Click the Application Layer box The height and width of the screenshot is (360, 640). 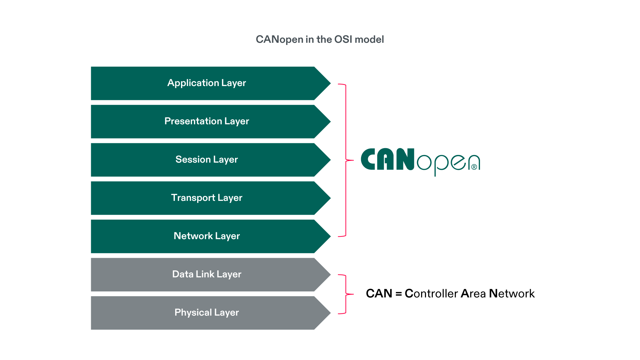pos(207,83)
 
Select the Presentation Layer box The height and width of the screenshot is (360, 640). pos(207,121)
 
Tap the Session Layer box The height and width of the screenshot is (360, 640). pos(207,159)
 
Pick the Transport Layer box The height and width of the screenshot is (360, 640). pos(207,198)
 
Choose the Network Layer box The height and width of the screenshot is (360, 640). pos(207,236)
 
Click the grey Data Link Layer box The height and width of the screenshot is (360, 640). pos(207,274)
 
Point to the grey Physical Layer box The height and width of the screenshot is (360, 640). pos(207,312)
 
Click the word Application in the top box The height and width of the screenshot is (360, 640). pos(193,83)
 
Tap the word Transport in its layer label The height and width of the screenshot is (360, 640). pos(193,198)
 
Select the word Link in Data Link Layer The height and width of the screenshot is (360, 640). pos(205,274)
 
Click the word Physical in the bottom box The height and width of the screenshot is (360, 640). pos(193,312)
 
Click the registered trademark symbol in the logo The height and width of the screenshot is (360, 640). pos(474,167)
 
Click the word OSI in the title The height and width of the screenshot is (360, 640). pos(343,39)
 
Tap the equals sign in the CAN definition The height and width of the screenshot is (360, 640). pos(399,294)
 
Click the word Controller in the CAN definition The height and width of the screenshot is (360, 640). pos(431,294)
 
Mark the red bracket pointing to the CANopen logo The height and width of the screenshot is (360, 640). pos(346,160)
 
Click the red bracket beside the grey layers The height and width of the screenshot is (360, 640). pos(346,294)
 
